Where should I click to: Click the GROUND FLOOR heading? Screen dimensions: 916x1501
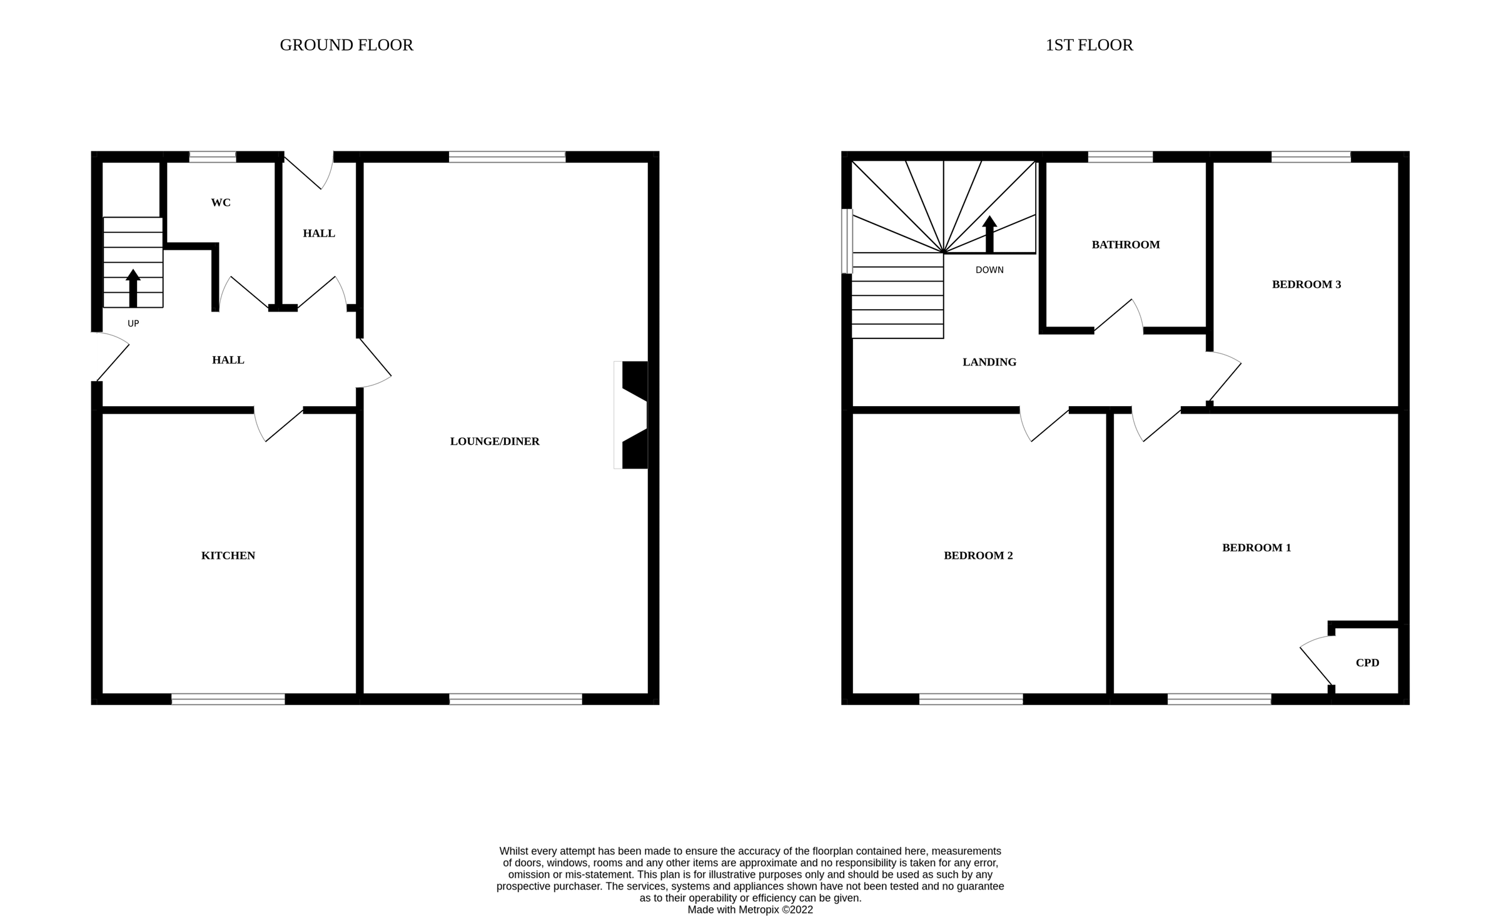pos(346,45)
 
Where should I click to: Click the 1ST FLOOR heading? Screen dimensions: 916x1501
pos(1089,45)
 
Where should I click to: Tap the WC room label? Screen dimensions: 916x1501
pos(221,203)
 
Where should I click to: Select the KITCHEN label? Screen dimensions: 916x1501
pos(228,556)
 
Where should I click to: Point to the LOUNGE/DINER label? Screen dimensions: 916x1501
pos(495,442)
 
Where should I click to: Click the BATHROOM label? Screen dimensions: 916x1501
pos(1125,245)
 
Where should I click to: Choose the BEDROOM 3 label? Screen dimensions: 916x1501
pos(1306,285)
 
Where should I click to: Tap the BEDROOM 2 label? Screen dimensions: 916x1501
pos(978,556)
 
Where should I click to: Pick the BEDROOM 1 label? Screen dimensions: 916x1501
pos(1256,548)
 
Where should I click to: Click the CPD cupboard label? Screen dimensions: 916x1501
pos(1367,663)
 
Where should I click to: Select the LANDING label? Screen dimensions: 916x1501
pos(989,362)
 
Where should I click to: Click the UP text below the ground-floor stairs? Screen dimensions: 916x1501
pos(133,324)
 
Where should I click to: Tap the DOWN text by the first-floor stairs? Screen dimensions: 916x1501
pos(989,270)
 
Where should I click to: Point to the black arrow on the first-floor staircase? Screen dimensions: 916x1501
pos(989,235)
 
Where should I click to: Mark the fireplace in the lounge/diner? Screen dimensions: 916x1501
pos(632,415)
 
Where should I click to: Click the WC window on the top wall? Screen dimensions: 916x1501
pos(213,157)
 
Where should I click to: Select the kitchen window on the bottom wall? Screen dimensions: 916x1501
pos(228,700)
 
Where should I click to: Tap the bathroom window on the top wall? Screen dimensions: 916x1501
pos(1119,157)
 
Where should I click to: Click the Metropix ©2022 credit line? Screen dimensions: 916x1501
pos(750,910)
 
